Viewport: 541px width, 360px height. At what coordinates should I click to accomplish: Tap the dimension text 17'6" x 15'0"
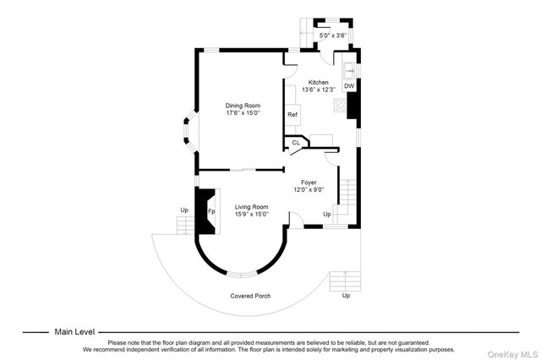click(243, 112)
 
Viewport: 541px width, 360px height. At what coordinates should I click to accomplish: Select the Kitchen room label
click(318, 82)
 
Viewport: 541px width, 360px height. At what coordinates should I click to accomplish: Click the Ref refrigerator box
click(292, 114)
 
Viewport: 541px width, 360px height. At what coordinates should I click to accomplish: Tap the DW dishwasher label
click(349, 85)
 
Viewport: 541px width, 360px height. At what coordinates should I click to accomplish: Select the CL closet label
click(296, 143)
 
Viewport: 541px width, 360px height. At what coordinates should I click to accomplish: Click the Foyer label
click(309, 182)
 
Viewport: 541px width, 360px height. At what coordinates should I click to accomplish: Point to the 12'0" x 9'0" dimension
click(309, 189)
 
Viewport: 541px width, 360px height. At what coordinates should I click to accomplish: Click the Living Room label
click(251, 207)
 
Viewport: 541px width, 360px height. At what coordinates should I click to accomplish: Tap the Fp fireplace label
click(212, 210)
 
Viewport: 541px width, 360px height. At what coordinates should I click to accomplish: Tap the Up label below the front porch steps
click(345, 296)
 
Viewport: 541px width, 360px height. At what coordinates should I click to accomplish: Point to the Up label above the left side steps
click(183, 210)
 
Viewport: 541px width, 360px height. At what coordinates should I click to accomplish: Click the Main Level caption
click(75, 332)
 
